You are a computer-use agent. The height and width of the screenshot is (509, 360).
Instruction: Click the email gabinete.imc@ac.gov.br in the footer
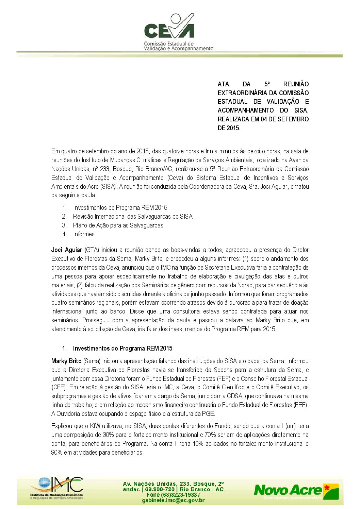click(x=174, y=500)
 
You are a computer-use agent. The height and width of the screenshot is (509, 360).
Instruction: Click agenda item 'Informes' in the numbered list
click(x=84, y=234)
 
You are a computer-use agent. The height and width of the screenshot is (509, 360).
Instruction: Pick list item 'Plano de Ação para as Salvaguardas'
click(x=118, y=225)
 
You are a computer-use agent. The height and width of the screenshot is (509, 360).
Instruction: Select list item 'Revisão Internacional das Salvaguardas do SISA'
click(x=133, y=217)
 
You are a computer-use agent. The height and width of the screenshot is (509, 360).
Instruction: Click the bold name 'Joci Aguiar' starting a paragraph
click(x=67, y=250)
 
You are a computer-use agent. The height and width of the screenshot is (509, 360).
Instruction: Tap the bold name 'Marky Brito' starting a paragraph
click(x=66, y=361)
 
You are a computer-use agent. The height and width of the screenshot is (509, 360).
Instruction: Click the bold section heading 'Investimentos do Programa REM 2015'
click(x=122, y=349)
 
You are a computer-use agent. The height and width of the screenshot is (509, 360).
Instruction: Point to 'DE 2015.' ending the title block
click(x=229, y=128)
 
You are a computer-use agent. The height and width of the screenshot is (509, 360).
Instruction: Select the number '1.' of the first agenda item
click(x=64, y=208)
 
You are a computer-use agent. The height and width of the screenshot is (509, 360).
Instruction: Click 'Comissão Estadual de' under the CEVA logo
click(x=168, y=44)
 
